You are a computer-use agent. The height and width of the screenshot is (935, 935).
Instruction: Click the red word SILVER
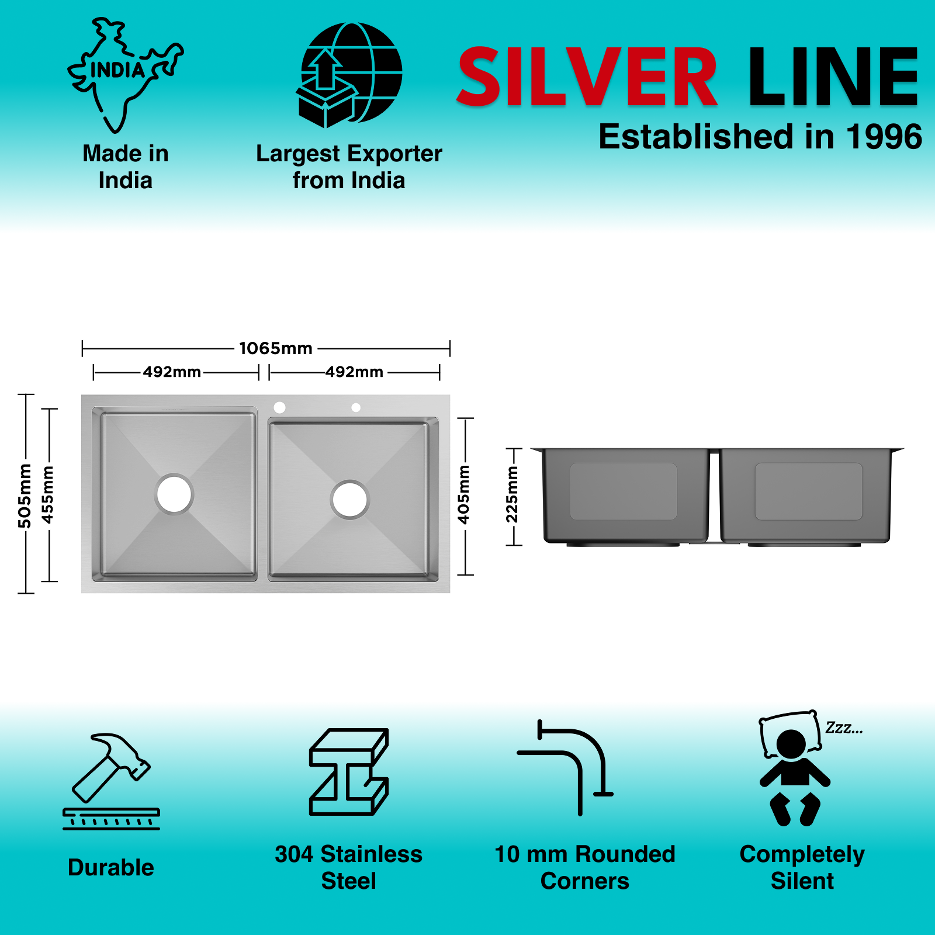(x=587, y=78)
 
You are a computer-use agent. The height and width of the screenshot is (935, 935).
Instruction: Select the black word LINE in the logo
(x=833, y=78)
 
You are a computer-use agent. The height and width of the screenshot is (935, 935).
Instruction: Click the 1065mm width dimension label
(x=276, y=348)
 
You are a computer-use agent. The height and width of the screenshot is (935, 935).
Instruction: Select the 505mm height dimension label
(x=25, y=496)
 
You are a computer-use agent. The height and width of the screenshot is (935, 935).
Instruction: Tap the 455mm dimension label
(x=48, y=495)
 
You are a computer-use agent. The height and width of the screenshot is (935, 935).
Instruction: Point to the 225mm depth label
(x=512, y=495)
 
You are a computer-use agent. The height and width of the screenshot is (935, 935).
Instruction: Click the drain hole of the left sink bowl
(x=174, y=494)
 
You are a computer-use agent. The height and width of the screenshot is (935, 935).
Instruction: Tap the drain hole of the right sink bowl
(x=349, y=500)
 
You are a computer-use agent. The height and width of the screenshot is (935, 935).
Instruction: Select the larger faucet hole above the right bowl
(x=279, y=407)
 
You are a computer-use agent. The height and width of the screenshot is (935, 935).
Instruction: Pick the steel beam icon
(x=349, y=771)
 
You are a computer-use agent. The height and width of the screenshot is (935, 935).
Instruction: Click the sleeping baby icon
(x=793, y=768)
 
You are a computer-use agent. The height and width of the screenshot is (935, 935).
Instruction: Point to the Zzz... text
(x=844, y=728)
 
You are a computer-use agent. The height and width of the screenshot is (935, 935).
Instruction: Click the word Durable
(x=111, y=868)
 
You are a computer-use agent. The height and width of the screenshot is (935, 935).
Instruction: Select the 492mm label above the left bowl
(x=172, y=372)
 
